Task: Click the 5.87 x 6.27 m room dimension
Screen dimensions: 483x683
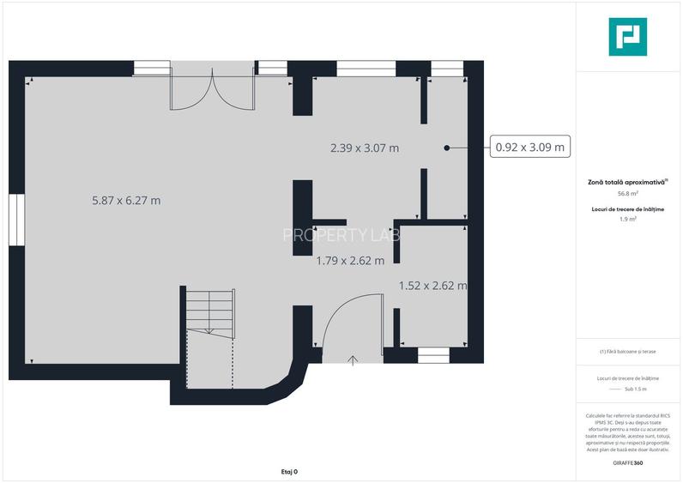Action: [126, 201]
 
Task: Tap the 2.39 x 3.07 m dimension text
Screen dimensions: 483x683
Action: [365, 148]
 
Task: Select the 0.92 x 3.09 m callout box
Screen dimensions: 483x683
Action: [530, 148]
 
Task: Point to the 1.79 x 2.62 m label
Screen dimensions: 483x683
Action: [350, 260]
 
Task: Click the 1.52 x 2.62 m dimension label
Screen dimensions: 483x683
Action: [432, 286]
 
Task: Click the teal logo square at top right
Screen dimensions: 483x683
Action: [627, 37]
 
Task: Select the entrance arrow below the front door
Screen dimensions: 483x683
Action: [353, 359]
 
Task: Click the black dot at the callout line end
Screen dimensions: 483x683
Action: [447, 148]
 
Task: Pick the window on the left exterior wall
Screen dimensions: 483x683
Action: [16, 220]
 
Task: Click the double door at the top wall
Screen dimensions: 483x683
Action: [212, 88]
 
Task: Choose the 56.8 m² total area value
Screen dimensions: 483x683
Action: [628, 194]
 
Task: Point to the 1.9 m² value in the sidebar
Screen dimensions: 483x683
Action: [628, 219]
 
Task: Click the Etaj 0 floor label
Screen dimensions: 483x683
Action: [290, 471]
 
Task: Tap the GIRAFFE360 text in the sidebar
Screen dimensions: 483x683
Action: [628, 463]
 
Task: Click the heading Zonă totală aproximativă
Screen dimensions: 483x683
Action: [626, 182]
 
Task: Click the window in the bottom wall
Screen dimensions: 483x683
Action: [433, 352]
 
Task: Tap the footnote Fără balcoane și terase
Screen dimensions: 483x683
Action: [628, 352]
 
